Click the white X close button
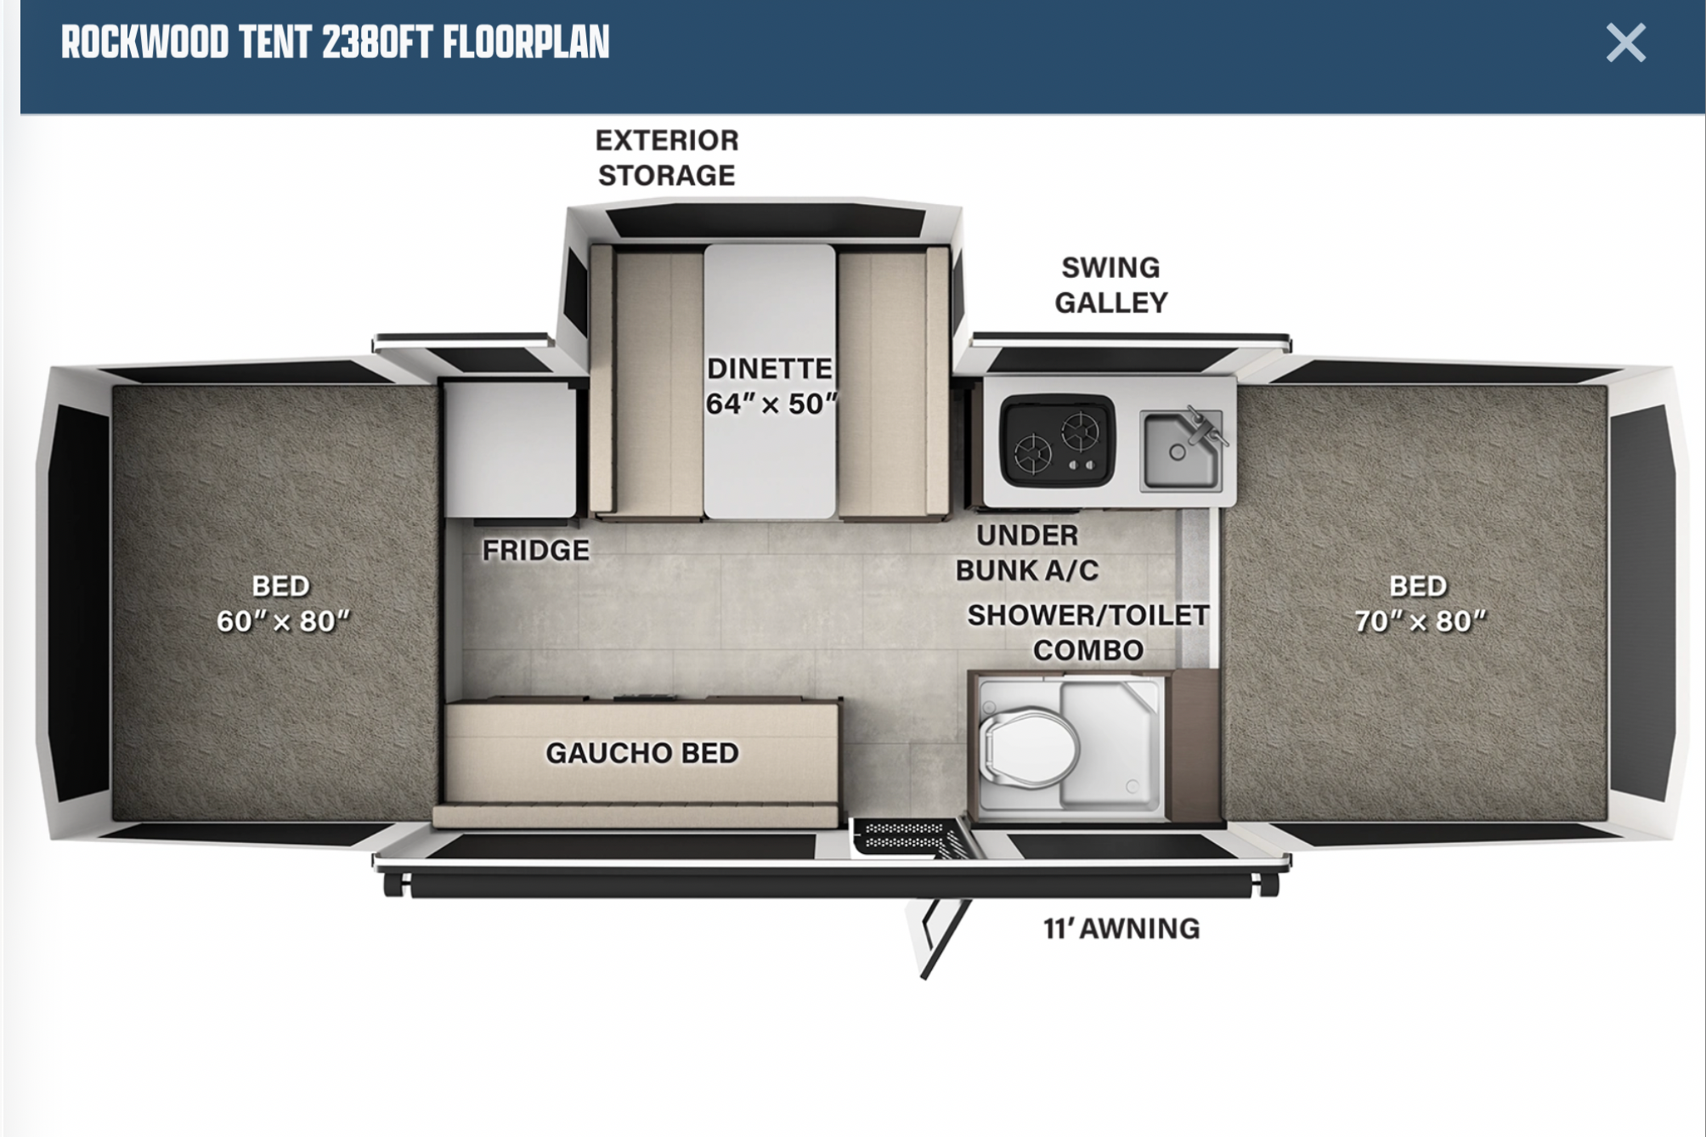(x=1625, y=42)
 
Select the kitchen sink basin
(x=1181, y=451)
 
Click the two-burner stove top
(x=1057, y=443)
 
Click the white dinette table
(x=770, y=381)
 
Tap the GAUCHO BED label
(x=642, y=753)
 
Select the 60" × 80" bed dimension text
(x=283, y=621)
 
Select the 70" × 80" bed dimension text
(x=1421, y=621)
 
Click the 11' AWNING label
(x=1121, y=928)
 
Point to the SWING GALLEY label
(x=1111, y=285)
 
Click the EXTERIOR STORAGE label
(x=667, y=157)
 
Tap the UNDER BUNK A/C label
(x=1027, y=552)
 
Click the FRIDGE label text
(x=536, y=551)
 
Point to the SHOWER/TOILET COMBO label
(x=1088, y=632)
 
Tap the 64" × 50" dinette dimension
(x=771, y=404)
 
